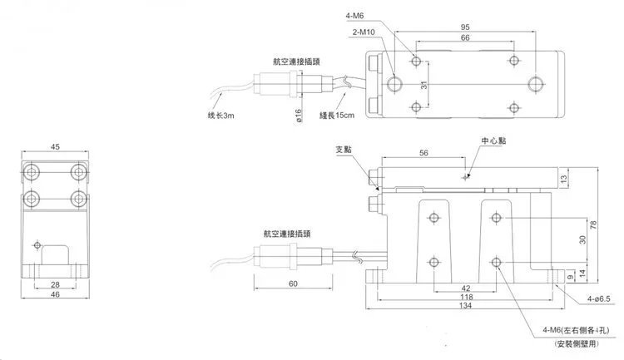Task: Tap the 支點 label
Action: pos(344,150)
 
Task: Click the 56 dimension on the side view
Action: pos(423,154)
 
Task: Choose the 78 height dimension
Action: pos(594,225)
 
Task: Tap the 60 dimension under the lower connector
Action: pos(293,284)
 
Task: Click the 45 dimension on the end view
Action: pos(55,147)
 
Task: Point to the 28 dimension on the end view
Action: pos(55,284)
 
